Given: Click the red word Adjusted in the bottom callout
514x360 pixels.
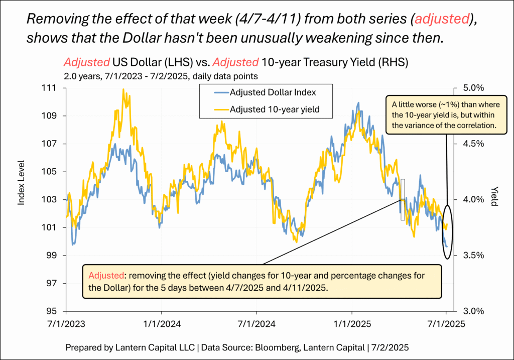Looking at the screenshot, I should pyautogui.click(x=104, y=275).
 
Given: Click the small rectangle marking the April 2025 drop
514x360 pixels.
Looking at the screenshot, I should pyautogui.click(x=402, y=199).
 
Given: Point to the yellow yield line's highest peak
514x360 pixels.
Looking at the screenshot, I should pyautogui.click(x=123, y=90).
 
